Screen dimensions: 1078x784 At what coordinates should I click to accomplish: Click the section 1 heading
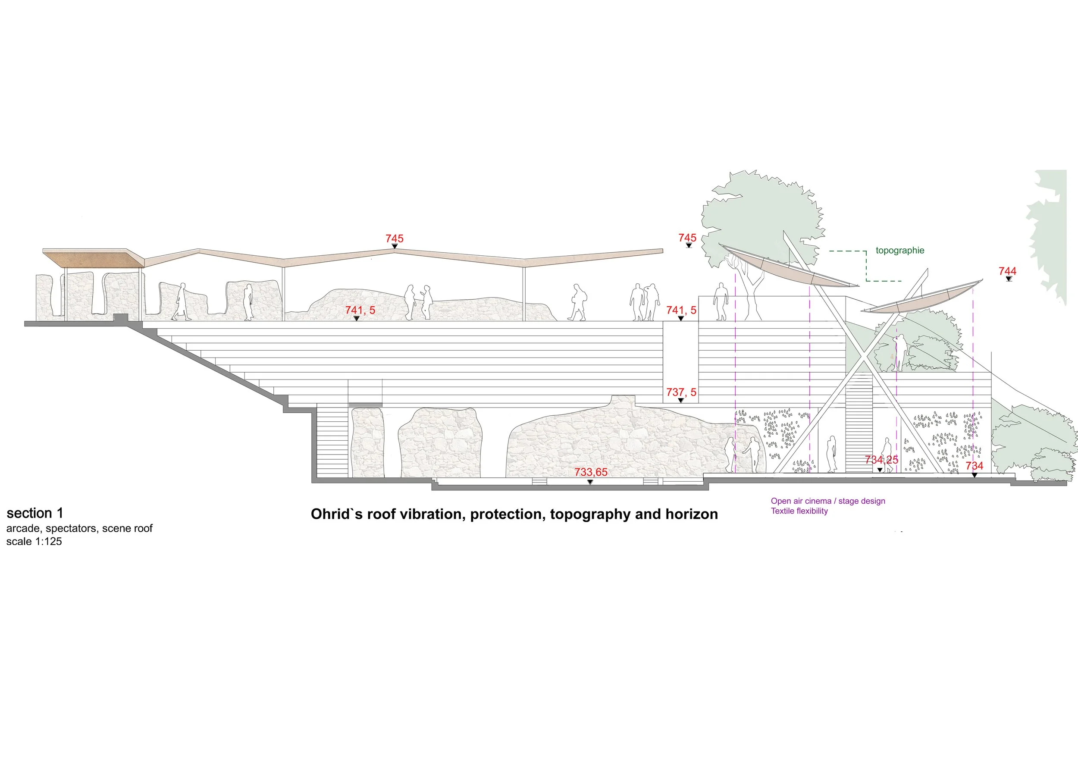coord(34,514)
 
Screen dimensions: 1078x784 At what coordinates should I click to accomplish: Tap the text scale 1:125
coord(34,542)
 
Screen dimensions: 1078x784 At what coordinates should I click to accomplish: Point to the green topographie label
coord(900,251)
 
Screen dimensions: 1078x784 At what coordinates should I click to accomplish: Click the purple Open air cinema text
coord(827,501)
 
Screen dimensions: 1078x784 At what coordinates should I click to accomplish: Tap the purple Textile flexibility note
coord(799,511)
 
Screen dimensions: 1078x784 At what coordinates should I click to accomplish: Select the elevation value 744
coord(1007,271)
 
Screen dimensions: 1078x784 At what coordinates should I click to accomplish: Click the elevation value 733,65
coord(591,472)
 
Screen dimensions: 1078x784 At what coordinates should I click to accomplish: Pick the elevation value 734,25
coord(881,460)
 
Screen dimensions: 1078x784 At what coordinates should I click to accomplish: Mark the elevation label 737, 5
coord(680,392)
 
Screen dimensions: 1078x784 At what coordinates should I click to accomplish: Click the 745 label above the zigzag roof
coord(394,238)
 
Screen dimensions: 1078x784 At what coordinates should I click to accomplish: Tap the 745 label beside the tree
coord(687,238)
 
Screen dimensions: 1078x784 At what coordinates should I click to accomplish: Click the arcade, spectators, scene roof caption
coord(79,529)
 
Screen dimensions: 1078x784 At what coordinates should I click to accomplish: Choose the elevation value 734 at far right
coord(974,466)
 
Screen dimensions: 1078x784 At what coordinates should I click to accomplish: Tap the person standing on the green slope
coord(899,352)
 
